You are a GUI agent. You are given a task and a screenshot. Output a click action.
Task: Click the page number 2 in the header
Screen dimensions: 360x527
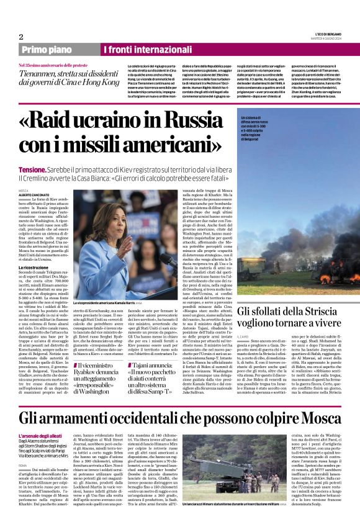click(22, 37)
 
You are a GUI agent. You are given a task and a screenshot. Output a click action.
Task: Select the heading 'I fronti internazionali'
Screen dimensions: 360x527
click(147, 49)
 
